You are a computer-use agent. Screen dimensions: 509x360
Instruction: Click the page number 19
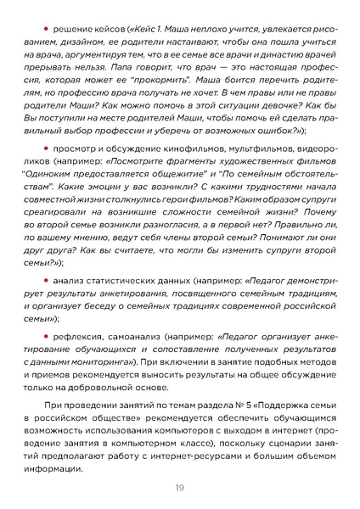180,487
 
